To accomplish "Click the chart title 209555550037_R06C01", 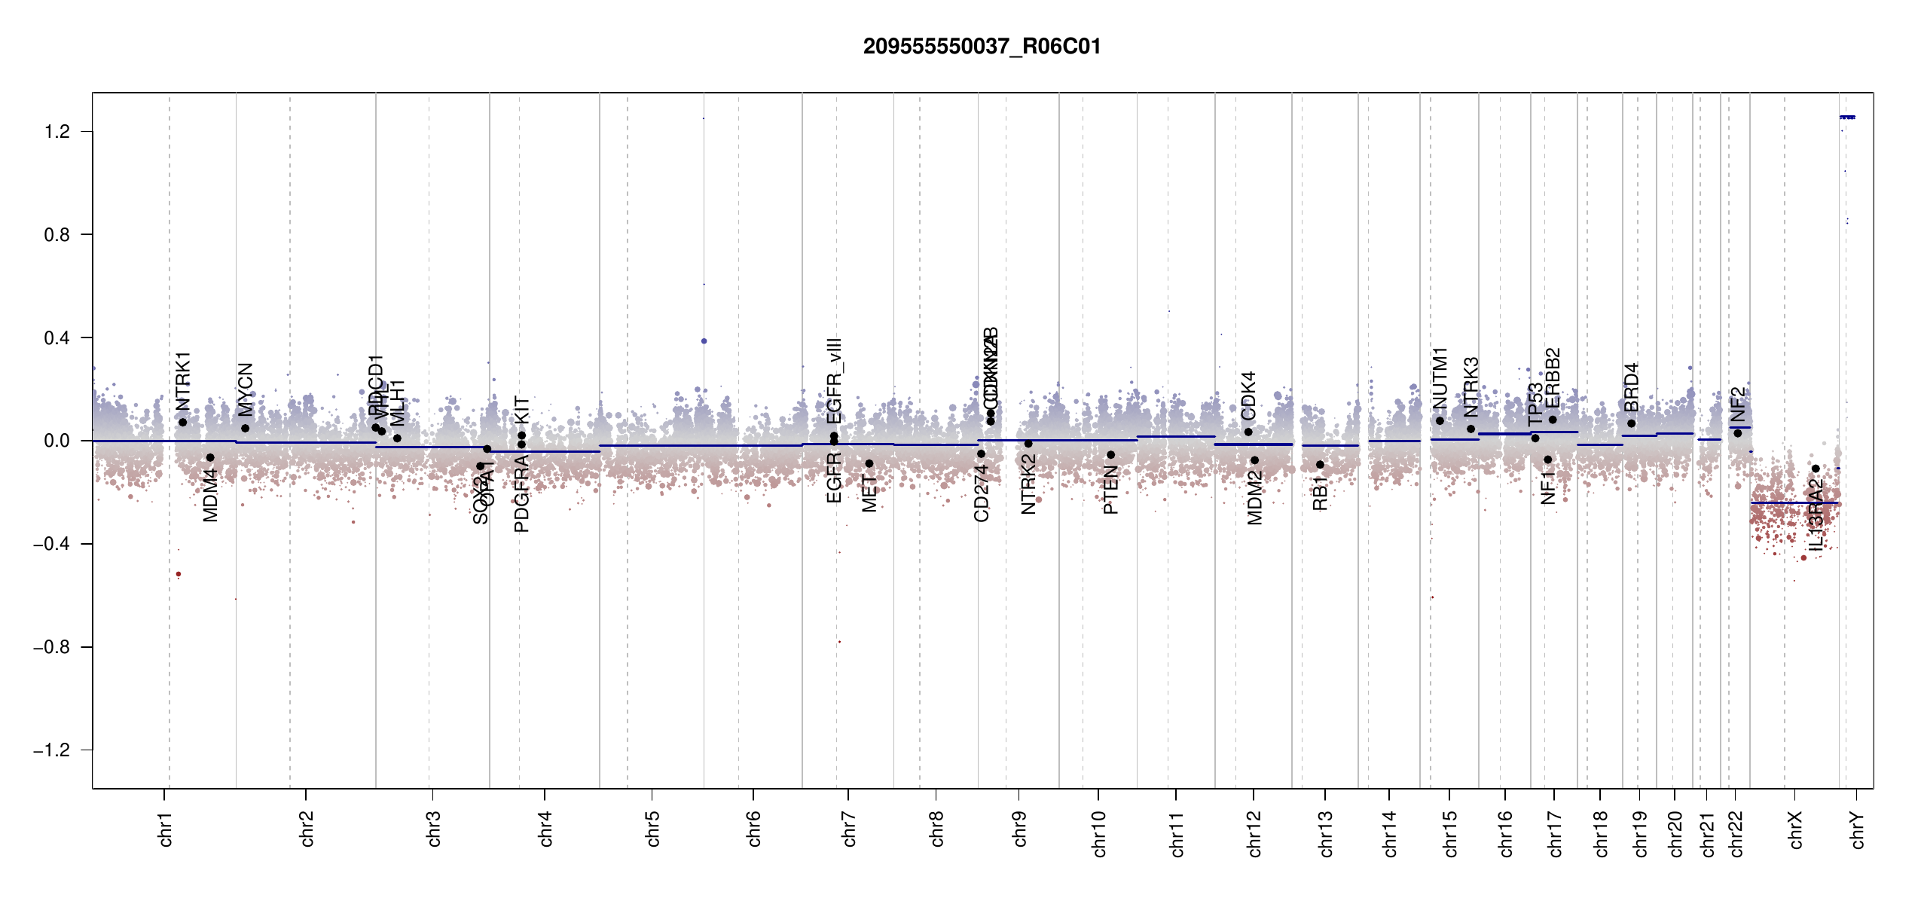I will pos(982,47).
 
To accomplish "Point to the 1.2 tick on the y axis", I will pos(56,132).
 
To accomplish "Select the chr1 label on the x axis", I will pos(166,829).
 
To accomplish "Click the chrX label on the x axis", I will pos(1796,829).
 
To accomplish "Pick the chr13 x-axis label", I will pos(1326,833).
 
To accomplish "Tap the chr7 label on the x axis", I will pos(849,829).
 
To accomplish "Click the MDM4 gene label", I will pos(211,494).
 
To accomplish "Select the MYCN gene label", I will pos(246,389).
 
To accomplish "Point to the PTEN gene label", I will pos(1111,490).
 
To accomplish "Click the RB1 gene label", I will pos(1320,493).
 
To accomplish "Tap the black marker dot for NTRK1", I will pos(182,423).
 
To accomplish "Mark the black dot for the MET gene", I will pos(869,464).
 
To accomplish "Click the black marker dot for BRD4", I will pos(1631,423).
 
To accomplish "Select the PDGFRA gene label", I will pos(521,493).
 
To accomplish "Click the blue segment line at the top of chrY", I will pos(1847,118).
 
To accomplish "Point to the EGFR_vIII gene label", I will pos(834,380).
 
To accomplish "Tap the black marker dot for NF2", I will pos(1737,433).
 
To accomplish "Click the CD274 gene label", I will pos(981,493).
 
